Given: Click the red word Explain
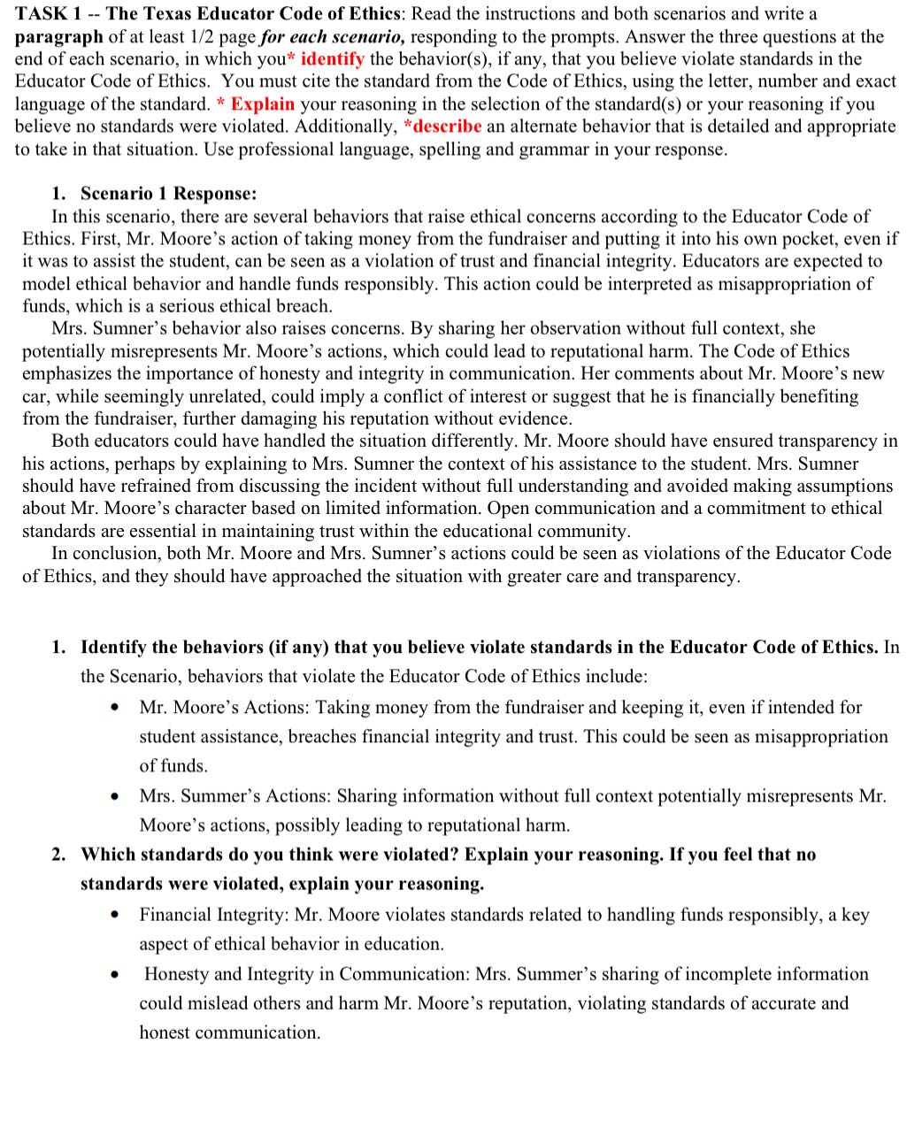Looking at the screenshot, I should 262,104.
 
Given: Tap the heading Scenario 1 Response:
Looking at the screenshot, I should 168,194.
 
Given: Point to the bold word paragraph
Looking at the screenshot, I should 58,37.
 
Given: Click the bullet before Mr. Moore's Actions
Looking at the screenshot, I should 115,709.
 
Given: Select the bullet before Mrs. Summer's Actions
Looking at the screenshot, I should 115,797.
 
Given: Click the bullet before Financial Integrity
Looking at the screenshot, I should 115,916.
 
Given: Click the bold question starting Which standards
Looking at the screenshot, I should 448,855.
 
